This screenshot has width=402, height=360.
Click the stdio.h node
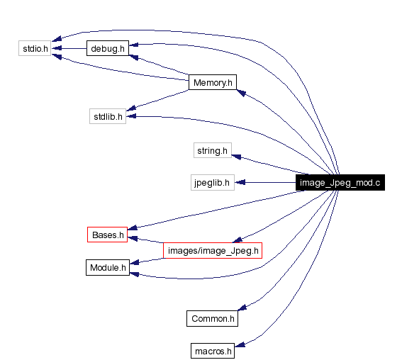pyautogui.click(x=34, y=49)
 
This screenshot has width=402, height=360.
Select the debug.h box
pyautogui.click(x=107, y=49)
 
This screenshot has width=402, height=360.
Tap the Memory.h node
pyautogui.click(x=212, y=83)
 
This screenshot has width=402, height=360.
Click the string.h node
pyautogui.click(x=212, y=150)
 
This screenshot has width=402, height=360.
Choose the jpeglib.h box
pyautogui.click(x=211, y=183)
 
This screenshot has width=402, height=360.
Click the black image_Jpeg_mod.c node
pyautogui.click(x=340, y=183)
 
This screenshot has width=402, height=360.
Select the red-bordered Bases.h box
pyautogui.click(x=107, y=235)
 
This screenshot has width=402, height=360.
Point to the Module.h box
pyautogui.click(x=108, y=268)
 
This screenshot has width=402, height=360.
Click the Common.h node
pyautogui.click(x=212, y=319)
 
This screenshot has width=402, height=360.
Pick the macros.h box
pyautogui.click(x=213, y=351)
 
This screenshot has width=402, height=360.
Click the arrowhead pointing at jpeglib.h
pyautogui.click(x=240, y=183)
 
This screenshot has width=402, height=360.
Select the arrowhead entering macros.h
pyautogui.click(x=240, y=345)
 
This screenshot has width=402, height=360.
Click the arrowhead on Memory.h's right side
pyautogui.click(x=241, y=92)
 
